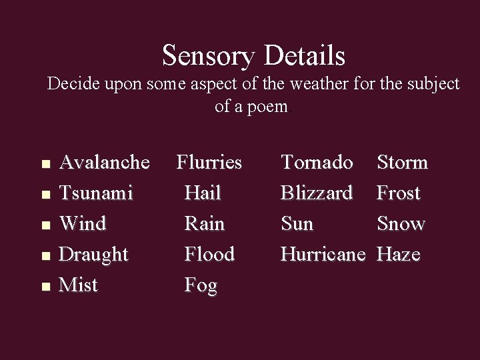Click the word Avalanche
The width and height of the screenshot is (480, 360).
(105, 162)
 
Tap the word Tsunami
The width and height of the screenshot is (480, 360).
(96, 193)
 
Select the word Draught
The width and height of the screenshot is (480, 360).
(93, 255)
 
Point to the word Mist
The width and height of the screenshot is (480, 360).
(79, 285)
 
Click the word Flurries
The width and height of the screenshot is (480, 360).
(209, 162)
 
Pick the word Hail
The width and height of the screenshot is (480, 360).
(203, 193)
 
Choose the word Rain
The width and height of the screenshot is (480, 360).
(205, 223)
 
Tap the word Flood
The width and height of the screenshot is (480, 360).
(209, 254)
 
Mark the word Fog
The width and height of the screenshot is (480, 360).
(201, 286)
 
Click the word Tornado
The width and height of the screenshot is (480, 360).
(317, 162)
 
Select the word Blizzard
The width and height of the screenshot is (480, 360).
(317, 193)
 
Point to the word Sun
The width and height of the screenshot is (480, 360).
(297, 223)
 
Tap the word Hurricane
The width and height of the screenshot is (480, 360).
(323, 254)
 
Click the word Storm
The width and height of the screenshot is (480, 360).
(403, 162)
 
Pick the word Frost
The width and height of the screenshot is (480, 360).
(399, 193)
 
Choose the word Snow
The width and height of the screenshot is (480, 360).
(401, 223)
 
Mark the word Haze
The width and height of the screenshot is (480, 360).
(399, 254)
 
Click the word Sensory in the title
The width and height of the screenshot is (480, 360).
(209, 55)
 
